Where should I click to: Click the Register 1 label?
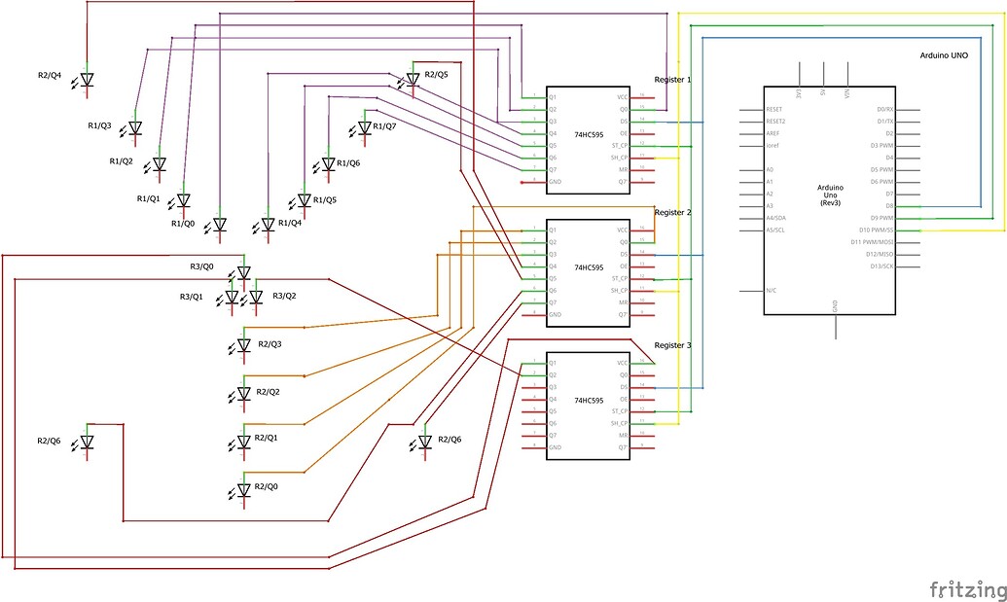(673, 80)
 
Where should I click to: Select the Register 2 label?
(673, 212)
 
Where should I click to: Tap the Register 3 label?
(673, 345)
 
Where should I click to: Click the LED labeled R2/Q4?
(86, 81)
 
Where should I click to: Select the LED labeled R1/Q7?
(365, 127)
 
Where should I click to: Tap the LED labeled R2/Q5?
(413, 79)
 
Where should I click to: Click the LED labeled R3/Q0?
(243, 273)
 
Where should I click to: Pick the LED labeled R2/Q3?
(244, 345)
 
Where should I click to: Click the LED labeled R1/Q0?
(219, 225)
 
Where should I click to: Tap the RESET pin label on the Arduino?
(774, 110)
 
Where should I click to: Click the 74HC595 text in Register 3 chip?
(590, 400)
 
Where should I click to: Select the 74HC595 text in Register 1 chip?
(590, 133)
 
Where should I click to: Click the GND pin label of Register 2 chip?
(555, 314)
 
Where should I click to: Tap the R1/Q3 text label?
(100, 126)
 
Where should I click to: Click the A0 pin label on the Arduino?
(771, 170)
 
